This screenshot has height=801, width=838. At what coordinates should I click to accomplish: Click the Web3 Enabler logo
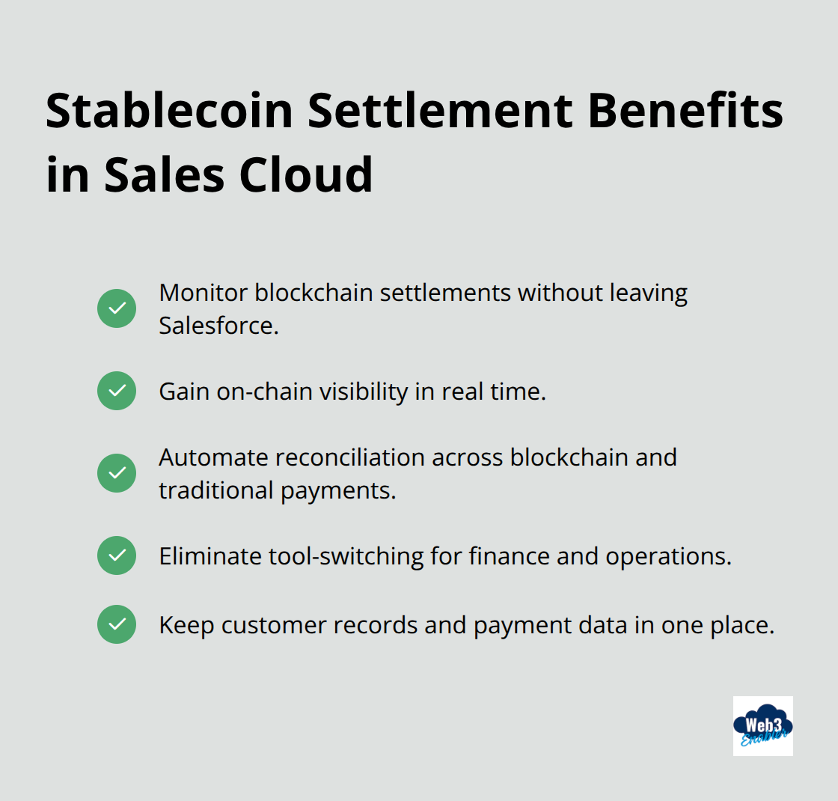pyautogui.click(x=762, y=726)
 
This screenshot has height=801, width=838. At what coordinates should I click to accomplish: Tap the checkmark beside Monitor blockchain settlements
pyautogui.click(x=117, y=308)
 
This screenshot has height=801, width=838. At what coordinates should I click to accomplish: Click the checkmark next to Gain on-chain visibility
pyautogui.click(x=117, y=391)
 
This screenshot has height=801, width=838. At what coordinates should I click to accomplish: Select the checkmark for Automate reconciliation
pyautogui.click(x=117, y=473)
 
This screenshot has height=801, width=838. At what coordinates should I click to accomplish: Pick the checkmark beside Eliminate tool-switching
pyautogui.click(x=117, y=555)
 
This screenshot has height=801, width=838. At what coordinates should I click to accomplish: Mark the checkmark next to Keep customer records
pyautogui.click(x=117, y=624)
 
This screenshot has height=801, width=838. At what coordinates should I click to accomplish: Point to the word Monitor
pyautogui.click(x=203, y=293)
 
